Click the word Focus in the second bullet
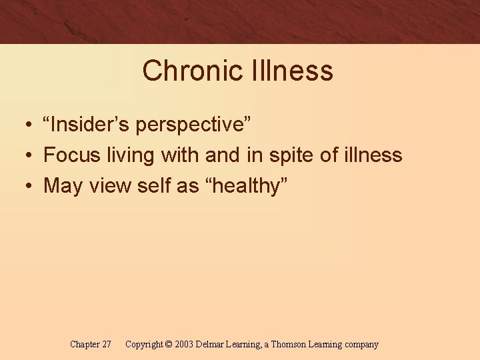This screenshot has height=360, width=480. tap(70, 155)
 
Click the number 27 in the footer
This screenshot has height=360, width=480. tap(105, 345)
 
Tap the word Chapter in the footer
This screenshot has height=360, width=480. tap(85, 345)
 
